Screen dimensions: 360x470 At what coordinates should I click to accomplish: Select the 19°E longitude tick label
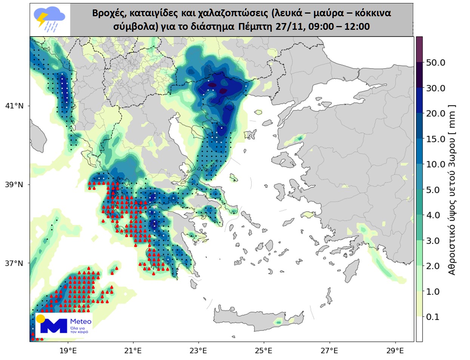point(68,351)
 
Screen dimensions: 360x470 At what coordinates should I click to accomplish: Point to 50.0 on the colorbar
point(436,63)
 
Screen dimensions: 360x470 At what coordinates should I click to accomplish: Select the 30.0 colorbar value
point(436,88)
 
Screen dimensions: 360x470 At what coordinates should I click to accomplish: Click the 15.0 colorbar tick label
point(436,139)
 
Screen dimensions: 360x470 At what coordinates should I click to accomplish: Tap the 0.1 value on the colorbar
point(433,317)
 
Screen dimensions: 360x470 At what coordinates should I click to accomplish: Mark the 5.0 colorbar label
point(433,190)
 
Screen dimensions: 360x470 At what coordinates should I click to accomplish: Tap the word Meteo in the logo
point(81,322)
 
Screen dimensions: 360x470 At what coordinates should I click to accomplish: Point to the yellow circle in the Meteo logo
point(40,318)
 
